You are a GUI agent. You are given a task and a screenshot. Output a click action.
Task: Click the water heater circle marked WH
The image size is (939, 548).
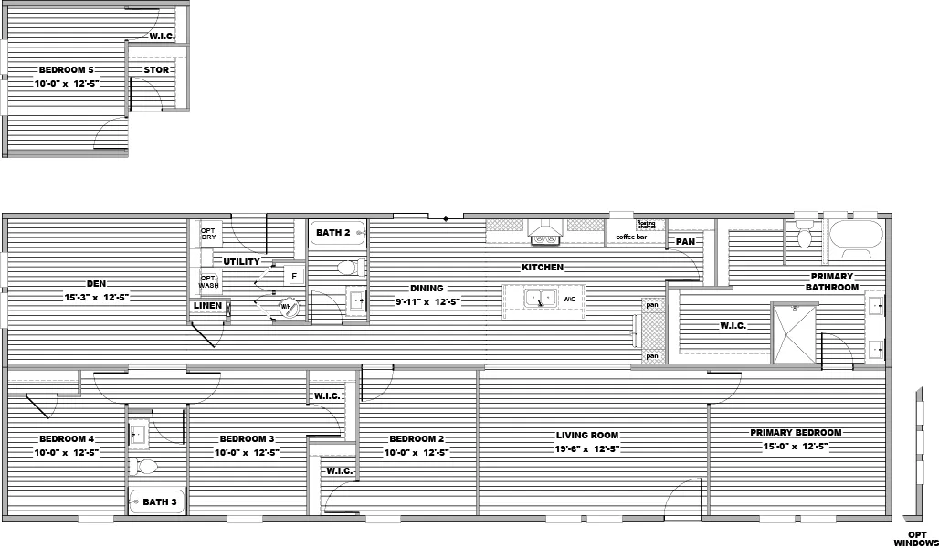click(x=288, y=308)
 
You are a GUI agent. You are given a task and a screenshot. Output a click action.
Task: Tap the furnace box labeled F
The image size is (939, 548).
click(x=294, y=275)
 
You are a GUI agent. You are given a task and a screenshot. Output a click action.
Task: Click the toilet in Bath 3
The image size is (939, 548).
click(x=145, y=467)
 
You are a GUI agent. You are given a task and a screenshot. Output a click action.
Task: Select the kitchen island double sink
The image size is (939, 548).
click(x=540, y=298)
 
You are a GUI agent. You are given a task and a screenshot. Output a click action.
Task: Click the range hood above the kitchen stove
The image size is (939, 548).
click(x=546, y=230)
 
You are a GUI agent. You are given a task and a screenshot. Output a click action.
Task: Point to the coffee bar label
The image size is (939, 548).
click(x=630, y=237)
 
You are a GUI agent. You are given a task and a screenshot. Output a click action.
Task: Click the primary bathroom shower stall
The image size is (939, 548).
click(x=794, y=333)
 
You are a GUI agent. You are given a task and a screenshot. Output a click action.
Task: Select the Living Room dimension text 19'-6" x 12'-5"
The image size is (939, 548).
click(x=588, y=448)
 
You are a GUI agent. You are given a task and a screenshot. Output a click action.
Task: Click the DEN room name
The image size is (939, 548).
click(x=99, y=284)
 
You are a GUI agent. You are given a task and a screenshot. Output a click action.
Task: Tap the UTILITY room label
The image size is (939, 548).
click(x=241, y=262)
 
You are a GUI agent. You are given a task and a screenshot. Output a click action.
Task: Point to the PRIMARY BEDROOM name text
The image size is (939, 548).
click(x=796, y=433)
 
